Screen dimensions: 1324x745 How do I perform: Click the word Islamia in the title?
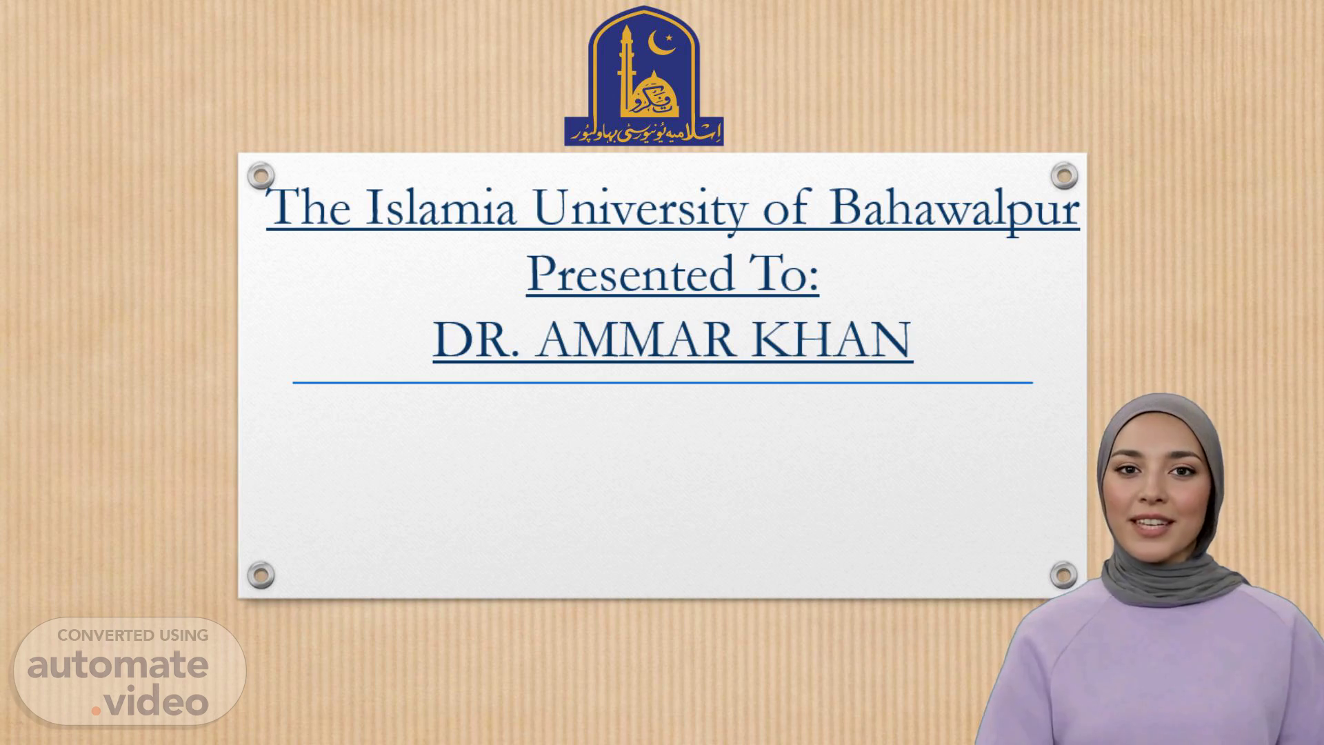click(x=441, y=206)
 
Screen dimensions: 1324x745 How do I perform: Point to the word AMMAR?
click(x=635, y=339)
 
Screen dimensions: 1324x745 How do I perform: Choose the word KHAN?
click(x=831, y=339)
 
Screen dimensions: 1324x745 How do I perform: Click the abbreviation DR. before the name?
click(x=477, y=339)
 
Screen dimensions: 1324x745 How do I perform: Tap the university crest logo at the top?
click(x=644, y=76)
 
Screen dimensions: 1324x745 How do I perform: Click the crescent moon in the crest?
click(x=661, y=45)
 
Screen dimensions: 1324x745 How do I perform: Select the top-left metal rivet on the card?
click(x=261, y=176)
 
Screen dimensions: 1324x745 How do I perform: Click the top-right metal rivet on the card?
click(x=1064, y=175)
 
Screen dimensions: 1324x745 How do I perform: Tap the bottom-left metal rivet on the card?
click(x=261, y=575)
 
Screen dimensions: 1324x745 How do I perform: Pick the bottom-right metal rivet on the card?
click(x=1063, y=575)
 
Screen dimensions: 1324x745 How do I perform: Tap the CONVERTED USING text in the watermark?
click(x=132, y=635)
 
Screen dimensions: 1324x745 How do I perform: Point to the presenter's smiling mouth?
click(x=1153, y=526)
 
